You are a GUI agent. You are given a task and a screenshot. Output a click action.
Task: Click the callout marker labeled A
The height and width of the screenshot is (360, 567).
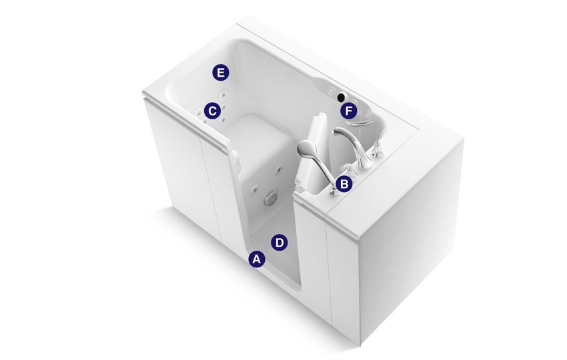pyautogui.click(x=256, y=259)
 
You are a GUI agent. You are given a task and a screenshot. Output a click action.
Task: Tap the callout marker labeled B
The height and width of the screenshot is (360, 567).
pyautogui.click(x=344, y=184)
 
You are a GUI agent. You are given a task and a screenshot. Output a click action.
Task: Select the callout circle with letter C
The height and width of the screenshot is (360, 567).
pyautogui.click(x=212, y=111)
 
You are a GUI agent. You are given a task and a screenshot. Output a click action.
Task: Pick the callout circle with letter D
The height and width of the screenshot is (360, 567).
pyautogui.click(x=279, y=243)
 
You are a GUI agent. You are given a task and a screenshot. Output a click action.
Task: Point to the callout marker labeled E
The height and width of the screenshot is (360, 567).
pyautogui.click(x=220, y=73)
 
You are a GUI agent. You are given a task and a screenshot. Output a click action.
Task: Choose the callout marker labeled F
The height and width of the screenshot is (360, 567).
pyautogui.click(x=349, y=111)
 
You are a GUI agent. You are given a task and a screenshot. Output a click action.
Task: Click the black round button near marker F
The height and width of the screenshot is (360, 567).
pyautogui.click(x=341, y=97)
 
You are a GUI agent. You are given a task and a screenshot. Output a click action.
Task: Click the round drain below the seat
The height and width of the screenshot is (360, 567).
pyautogui.click(x=270, y=198)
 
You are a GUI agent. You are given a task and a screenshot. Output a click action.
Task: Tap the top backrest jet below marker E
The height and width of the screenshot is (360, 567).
pyautogui.click(x=223, y=95)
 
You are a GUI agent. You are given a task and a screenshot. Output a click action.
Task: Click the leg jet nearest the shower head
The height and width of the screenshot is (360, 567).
pyautogui.click(x=279, y=169)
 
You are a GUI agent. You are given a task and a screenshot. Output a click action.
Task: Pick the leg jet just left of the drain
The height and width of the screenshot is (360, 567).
pyautogui.click(x=255, y=189)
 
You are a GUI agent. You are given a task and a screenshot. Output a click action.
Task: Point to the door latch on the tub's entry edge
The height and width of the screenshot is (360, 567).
pyautogui.click(x=236, y=161)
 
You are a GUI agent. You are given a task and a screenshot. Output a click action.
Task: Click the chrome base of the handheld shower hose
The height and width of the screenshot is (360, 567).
pyautogui.click(x=334, y=191)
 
